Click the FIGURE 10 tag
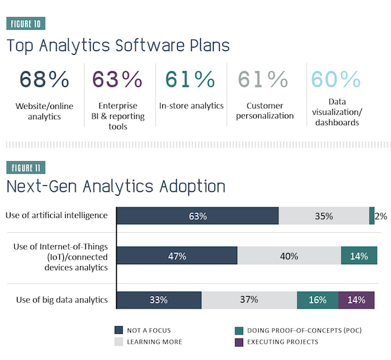coord(26,25)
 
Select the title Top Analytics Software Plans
coord(118,47)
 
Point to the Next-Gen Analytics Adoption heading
coord(116,187)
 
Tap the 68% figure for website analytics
coord(44,80)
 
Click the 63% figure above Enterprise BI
coord(117,80)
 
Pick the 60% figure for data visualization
coord(336,80)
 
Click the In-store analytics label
coord(191,105)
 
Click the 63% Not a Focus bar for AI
coord(197,216)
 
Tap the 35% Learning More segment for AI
coord(324,216)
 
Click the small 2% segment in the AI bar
coord(372,216)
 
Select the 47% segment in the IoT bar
coord(177,256)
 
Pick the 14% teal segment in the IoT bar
coord(358,256)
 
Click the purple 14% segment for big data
coord(356,300)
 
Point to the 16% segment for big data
coord(317,300)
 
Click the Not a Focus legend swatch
coord(119,329)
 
